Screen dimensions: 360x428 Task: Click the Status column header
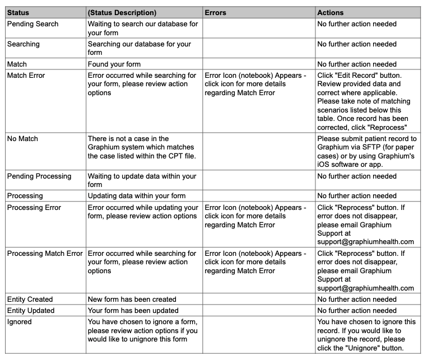click(18, 12)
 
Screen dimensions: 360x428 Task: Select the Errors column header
click(216, 12)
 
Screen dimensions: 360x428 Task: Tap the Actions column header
click(331, 12)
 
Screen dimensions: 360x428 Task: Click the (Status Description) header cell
click(122, 12)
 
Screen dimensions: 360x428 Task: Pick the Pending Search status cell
click(32, 24)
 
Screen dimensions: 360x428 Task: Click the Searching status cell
click(24, 44)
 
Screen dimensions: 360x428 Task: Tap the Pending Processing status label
click(39, 176)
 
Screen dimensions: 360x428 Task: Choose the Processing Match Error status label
click(45, 253)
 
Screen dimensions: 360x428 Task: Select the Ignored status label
click(20, 321)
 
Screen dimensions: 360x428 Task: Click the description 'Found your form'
click(114, 64)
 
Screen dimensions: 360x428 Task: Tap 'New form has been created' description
click(132, 299)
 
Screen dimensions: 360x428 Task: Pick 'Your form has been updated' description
click(133, 310)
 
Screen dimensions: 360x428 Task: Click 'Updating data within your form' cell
click(137, 196)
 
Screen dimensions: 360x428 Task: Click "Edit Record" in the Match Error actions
click(356, 75)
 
